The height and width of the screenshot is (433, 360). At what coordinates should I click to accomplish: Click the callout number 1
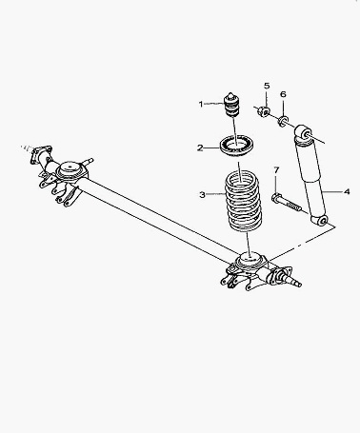click(201, 104)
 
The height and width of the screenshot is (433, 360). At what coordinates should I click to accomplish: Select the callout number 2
click(200, 148)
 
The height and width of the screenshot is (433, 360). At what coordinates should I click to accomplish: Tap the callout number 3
click(202, 194)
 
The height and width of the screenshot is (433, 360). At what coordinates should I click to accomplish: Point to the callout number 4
click(347, 191)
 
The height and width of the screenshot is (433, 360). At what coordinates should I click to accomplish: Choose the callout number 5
click(267, 86)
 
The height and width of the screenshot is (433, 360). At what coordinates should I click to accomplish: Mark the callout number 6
click(283, 94)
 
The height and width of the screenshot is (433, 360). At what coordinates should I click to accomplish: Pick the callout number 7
click(276, 170)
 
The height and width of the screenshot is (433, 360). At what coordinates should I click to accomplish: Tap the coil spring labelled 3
click(244, 201)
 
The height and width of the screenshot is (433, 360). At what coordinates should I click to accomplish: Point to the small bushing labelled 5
click(265, 111)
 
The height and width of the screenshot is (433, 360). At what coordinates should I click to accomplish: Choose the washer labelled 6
click(284, 121)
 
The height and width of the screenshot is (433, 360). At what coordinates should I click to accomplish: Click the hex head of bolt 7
click(276, 198)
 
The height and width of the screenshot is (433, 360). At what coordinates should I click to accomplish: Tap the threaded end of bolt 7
click(294, 207)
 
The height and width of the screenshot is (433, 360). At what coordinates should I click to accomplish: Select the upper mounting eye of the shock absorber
click(303, 133)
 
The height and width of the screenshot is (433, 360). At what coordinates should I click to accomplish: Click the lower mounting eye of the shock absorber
click(320, 220)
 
